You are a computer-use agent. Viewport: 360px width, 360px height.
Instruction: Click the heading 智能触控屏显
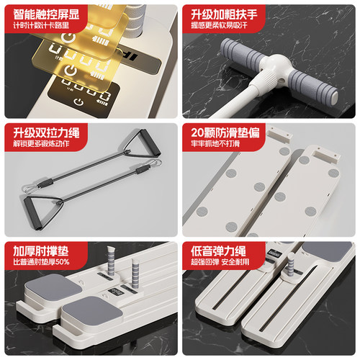[46, 13]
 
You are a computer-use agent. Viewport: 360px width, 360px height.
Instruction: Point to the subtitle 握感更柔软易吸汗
[224, 26]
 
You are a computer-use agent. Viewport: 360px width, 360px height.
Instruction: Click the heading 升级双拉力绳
[46, 132]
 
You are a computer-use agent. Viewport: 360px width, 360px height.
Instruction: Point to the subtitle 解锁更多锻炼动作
[41, 145]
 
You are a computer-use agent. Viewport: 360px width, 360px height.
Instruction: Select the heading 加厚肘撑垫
[41, 252]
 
